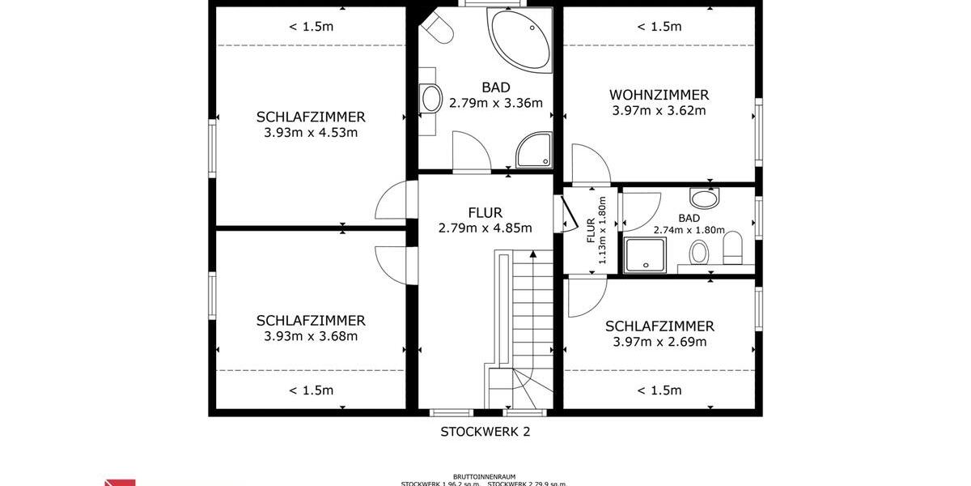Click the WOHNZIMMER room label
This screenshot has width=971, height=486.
[659, 95]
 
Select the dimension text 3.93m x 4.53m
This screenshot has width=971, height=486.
[311, 133]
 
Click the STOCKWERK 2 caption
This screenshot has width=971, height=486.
[485, 432]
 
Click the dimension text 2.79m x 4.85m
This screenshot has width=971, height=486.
[485, 228]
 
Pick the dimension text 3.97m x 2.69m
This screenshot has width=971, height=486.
[659, 342]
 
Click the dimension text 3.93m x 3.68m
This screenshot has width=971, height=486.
[311, 336]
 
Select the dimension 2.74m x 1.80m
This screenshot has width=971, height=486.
[689, 230]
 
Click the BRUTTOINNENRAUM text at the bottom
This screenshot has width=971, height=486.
[484, 477]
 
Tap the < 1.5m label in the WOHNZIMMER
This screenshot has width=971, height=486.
[659, 27]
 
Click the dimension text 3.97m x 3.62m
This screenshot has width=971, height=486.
[659, 110]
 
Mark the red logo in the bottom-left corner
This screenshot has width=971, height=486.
[120, 483]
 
